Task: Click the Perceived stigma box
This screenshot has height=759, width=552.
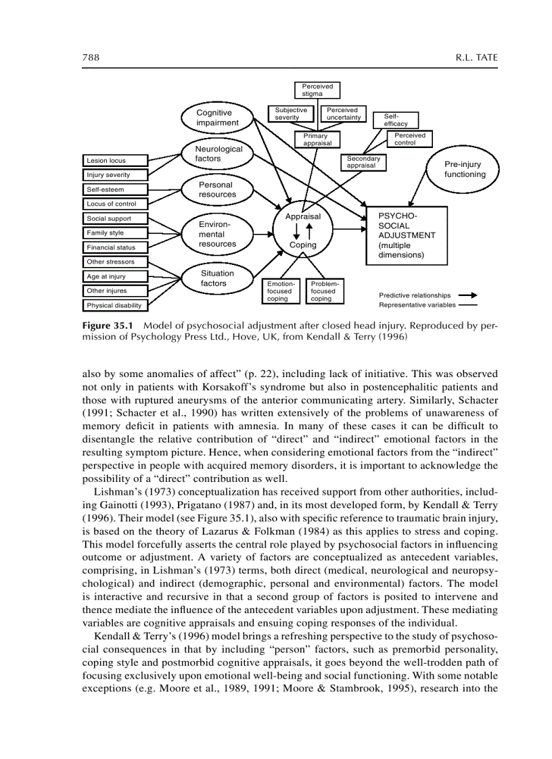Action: (x=317, y=91)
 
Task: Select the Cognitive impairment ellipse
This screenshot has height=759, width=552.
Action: (x=217, y=118)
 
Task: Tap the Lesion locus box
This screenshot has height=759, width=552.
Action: (x=115, y=161)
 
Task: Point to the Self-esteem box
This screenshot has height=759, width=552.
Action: (x=115, y=189)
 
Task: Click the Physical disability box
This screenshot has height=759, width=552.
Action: (x=115, y=305)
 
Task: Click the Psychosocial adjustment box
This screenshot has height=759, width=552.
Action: (x=407, y=235)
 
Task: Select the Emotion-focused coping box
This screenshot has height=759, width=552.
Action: (x=280, y=291)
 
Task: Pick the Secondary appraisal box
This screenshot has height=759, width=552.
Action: (x=363, y=162)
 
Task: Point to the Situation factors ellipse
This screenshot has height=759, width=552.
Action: (x=217, y=278)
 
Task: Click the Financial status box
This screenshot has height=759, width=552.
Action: (x=115, y=247)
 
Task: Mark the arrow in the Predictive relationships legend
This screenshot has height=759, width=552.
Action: (x=467, y=295)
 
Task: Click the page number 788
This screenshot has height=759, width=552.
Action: (x=91, y=58)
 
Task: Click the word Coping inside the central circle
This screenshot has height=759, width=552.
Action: (x=302, y=245)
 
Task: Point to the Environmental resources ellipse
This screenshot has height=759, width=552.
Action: (x=217, y=234)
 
